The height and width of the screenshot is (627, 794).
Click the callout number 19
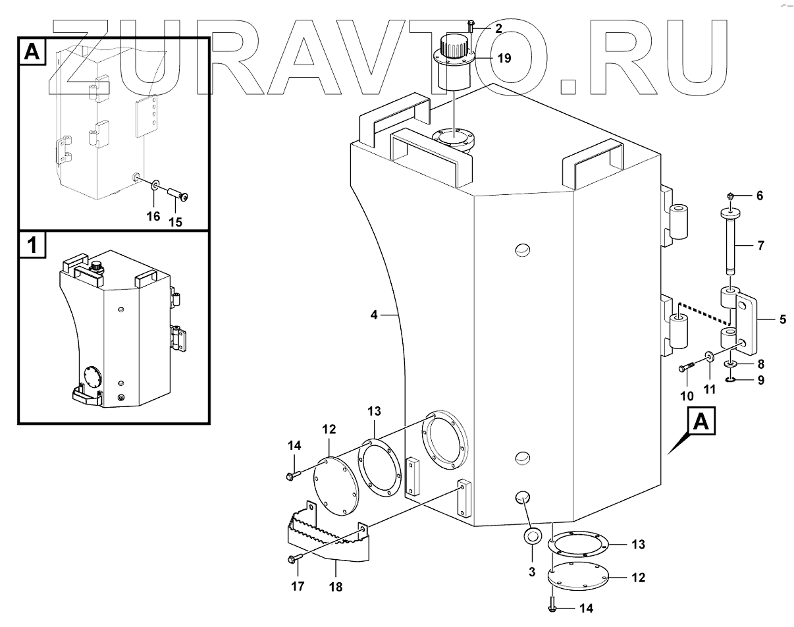coord(504,59)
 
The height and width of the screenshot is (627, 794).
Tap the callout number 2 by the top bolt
coord(498,28)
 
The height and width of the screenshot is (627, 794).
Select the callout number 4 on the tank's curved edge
coord(374,315)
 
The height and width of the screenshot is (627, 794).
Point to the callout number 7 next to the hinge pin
coord(760,247)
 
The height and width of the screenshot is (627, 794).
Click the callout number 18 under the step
coord(336,586)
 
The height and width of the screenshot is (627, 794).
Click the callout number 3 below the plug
coord(532,572)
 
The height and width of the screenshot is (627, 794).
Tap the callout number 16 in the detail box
coord(153,215)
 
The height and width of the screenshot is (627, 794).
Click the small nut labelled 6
coord(731,196)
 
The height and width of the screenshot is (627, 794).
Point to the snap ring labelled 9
coord(731,380)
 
